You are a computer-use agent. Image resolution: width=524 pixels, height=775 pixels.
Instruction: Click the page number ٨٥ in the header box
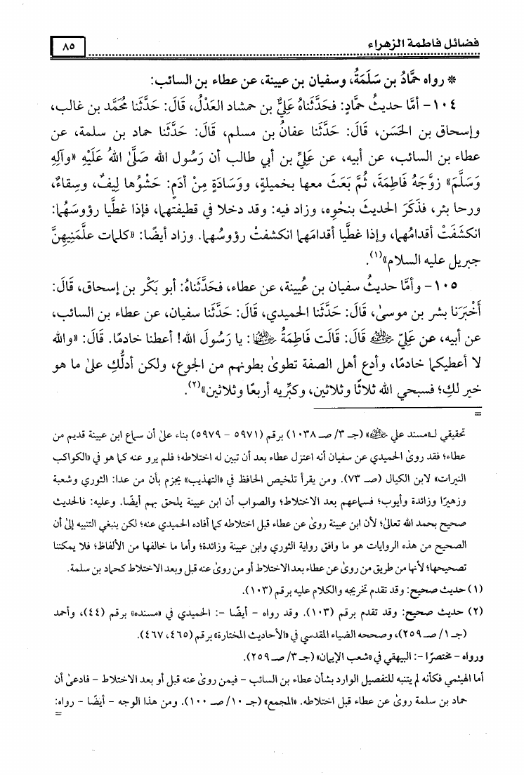point(68,48)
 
